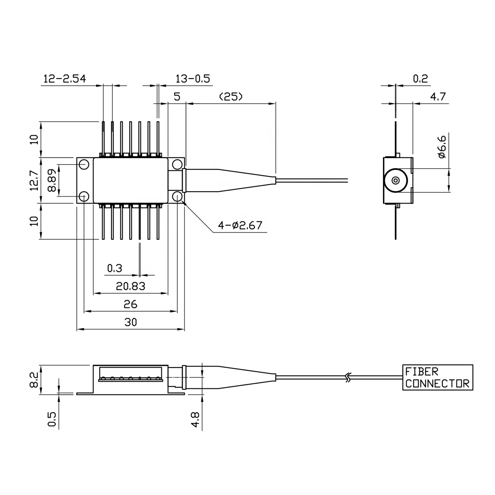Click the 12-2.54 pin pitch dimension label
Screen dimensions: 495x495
64,78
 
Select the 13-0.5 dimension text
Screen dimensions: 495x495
193,78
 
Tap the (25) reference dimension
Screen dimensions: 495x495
230,97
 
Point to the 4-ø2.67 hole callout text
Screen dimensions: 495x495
240,225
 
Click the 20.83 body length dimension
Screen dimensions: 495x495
130,286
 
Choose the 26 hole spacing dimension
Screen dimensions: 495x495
130,304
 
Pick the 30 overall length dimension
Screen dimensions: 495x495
130,322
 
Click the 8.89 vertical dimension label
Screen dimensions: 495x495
52,180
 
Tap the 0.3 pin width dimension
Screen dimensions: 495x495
115,268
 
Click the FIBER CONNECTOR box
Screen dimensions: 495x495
437,377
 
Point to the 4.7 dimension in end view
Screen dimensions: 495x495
437,97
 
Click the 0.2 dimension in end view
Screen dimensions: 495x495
420,78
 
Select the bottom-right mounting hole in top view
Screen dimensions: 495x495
177,196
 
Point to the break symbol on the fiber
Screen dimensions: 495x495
349,377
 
